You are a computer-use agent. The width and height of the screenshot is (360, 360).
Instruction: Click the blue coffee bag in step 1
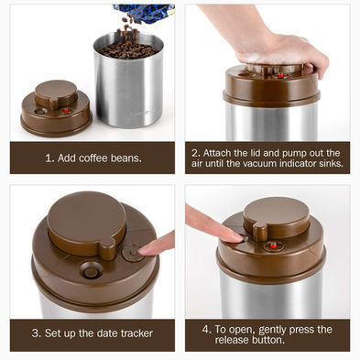pyautogui.click(x=144, y=13)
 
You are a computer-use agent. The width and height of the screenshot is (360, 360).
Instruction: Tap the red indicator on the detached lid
pyautogui.click(x=66, y=111)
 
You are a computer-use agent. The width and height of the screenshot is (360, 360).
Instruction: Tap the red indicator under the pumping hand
pyautogui.click(x=280, y=75)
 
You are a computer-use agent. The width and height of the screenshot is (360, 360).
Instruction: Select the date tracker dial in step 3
pyautogui.click(x=133, y=253)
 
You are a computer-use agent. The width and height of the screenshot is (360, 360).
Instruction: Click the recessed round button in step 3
pyautogui.click(x=91, y=270)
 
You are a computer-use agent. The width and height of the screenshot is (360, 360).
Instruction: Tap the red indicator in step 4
pyautogui.click(x=274, y=245)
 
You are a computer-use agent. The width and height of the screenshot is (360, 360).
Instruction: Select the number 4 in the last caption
pyautogui.click(x=205, y=330)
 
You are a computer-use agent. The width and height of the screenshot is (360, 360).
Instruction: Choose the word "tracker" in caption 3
pyautogui.click(x=136, y=333)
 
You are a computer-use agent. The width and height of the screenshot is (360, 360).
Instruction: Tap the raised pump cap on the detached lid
pyautogui.click(x=56, y=93)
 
